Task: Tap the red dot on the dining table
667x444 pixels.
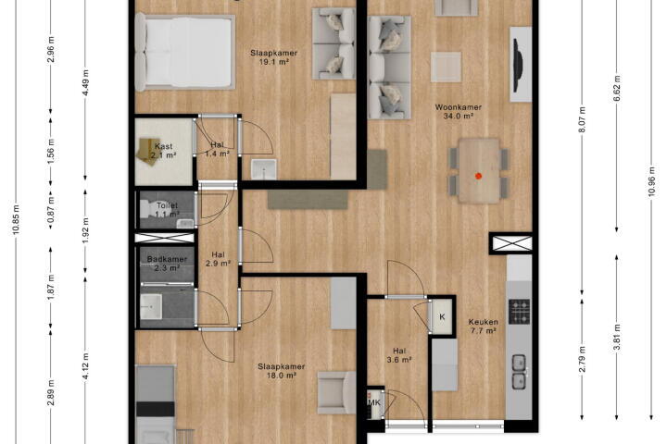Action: point(479,176)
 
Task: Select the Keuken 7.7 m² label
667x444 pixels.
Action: point(484,327)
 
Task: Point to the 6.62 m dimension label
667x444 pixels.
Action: point(617,86)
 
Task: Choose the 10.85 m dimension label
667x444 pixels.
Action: point(16,219)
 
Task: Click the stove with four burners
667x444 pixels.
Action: point(520,312)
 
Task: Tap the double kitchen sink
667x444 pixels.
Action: point(520,371)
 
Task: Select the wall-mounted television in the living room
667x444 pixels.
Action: point(518,65)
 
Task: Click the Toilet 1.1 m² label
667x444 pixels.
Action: point(167,210)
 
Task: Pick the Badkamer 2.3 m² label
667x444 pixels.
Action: point(167,263)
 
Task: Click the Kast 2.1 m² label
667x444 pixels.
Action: point(164,151)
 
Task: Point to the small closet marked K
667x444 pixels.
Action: point(442,317)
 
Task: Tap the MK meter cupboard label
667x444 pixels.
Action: point(374,402)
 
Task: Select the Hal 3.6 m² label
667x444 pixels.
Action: point(399,355)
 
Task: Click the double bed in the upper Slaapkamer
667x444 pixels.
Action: point(185,52)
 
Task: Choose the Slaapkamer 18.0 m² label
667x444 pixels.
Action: point(282,371)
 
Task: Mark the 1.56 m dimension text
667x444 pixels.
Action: point(51,151)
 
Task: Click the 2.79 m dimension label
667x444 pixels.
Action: point(583,360)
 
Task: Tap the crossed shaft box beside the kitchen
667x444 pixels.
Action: point(512,243)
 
